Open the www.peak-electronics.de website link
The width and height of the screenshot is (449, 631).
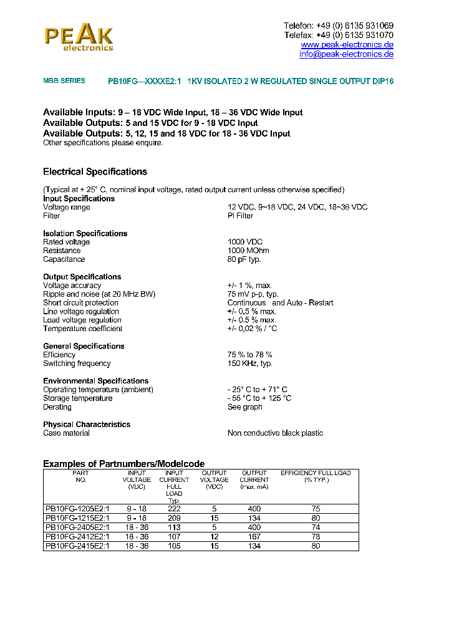pyautogui.click(x=347, y=45)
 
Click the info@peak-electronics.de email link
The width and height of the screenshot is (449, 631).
pyautogui.click(x=346, y=54)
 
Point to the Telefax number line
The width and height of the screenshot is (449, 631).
pyautogui.click(x=338, y=35)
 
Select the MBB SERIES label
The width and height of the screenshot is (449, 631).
pyautogui.click(x=64, y=81)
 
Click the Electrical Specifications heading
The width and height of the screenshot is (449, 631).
pyautogui.click(x=95, y=171)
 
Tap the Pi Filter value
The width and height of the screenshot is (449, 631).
pyautogui.click(x=240, y=216)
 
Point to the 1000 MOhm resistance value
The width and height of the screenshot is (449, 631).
pyautogui.click(x=248, y=251)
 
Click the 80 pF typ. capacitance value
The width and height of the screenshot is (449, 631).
pyautogui.click(x=244, y=259)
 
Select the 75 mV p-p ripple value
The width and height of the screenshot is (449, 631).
pyautogui.click(x=253, y=294)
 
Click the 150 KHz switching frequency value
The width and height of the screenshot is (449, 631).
pyautogui.click(x=249, y=364)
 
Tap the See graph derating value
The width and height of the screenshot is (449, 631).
pyautogui.click(x=244, y=407)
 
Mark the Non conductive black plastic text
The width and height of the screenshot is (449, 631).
pyautogui.click(x=275, y=433)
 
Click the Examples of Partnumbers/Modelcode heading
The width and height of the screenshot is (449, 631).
pyautogui.click(x=123, y=464)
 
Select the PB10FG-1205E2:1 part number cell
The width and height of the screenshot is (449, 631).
pyautogui.click(x=77, y=509)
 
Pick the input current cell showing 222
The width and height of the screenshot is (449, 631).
pyautogui.click(x=174, y=509)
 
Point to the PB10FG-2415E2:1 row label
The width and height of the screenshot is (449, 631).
pyautogui.click(x=77, y=547)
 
